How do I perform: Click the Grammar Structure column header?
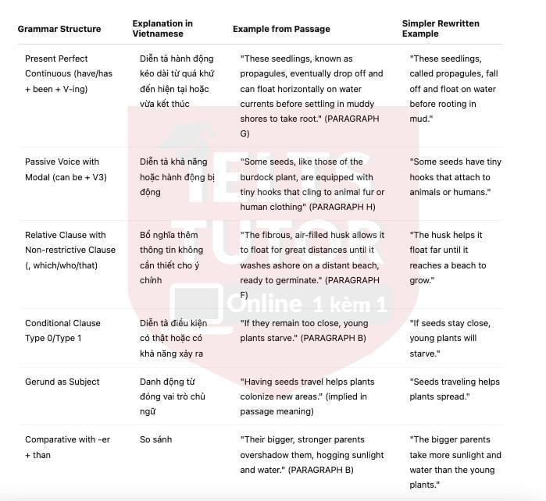tap(59, 29)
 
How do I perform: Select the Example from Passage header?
tap(281, 29)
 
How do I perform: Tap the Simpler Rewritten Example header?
tap(438, 29)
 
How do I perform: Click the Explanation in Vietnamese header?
tap(162, 29)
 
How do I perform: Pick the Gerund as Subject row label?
tap(62, 382)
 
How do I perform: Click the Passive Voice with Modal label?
tap(66, 169)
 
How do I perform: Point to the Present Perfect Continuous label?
tap(67, 73)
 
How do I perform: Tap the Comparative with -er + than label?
tap(67, 447)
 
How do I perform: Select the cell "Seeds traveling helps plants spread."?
tap(454, 389)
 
